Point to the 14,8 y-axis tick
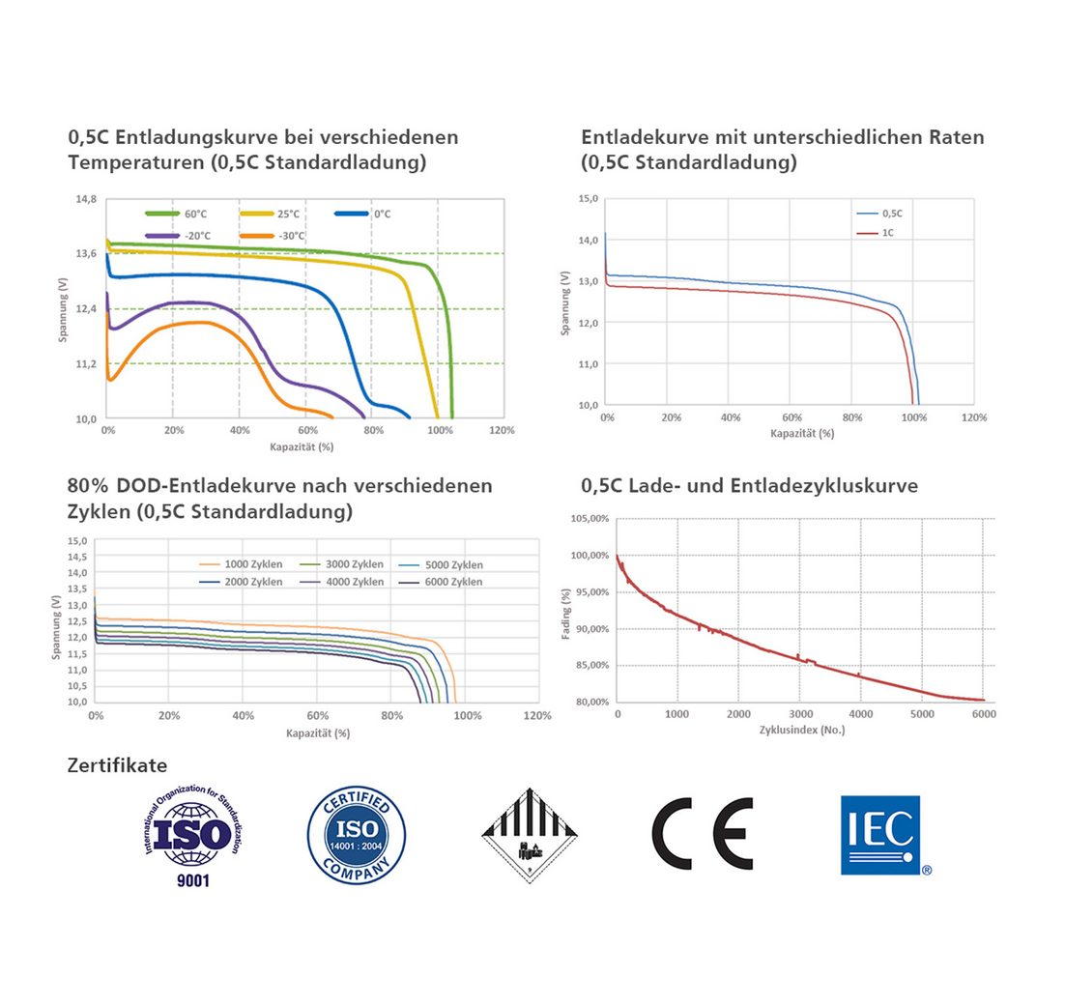pyautogui.click(x=86, y=198)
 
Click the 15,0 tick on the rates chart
pyautogui.click(x=587, y=198)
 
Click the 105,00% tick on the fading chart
pyautogui.click(x=589, y=519)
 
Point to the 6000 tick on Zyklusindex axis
pyautogui.click(x=983, y=713)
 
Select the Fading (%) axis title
pyautogui.click(x=567, y=611)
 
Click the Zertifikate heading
pyautogui.click(x=117, y=766)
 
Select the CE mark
pyautogui.click(x=702, y=834)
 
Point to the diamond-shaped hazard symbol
pyautogui.click(x=530, y=832)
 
